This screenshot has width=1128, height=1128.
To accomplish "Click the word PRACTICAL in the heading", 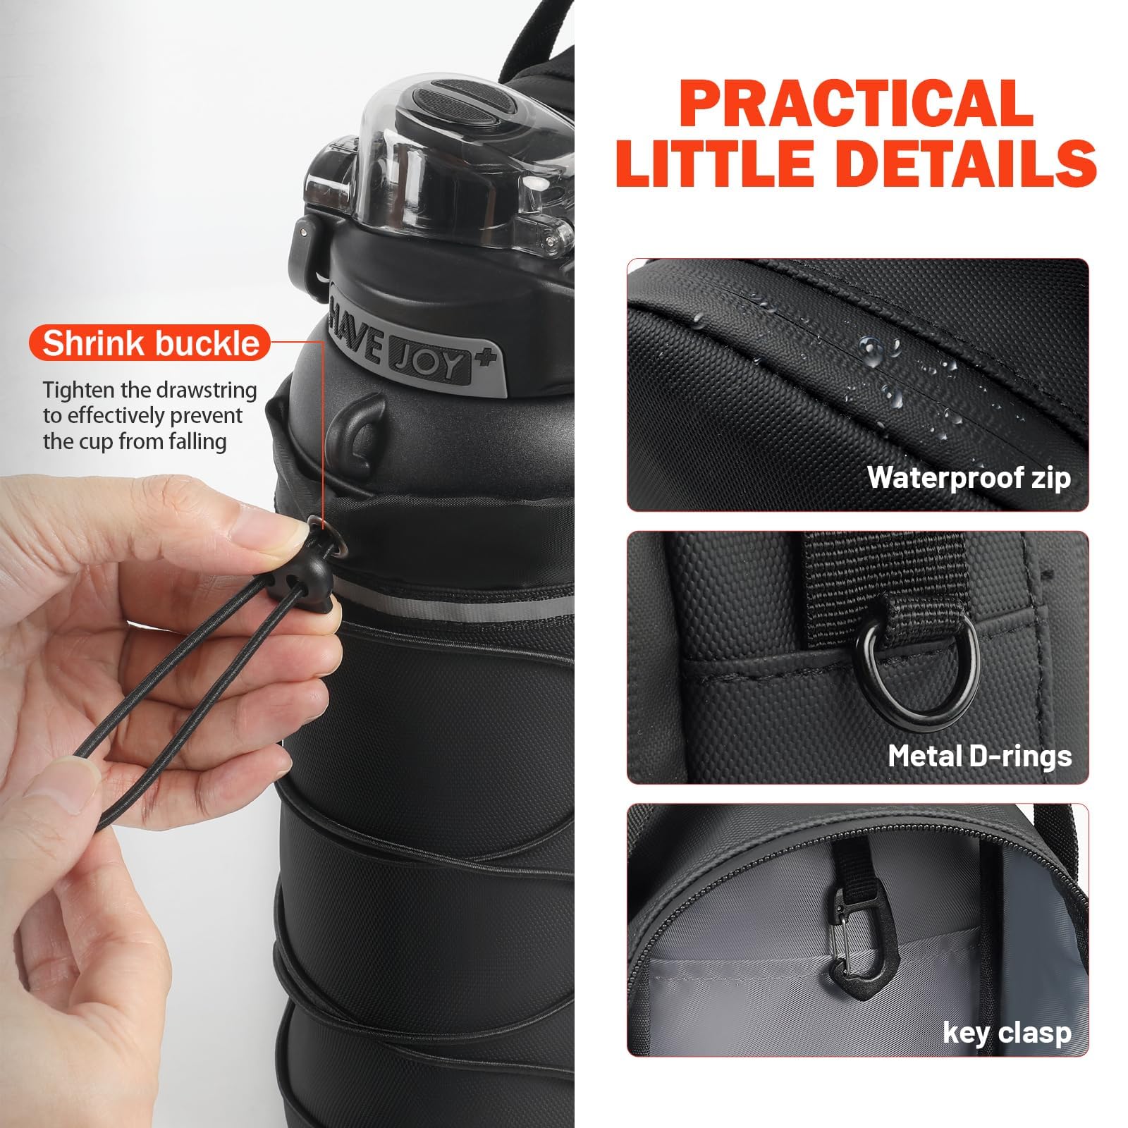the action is [858, 104].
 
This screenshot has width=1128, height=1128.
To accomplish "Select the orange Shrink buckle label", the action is [150, 343].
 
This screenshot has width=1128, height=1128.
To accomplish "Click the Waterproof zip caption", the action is [969, 477].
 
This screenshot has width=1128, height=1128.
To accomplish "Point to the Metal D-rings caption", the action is [979, 756].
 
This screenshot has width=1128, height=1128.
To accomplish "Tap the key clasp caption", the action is [1007, 1033].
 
